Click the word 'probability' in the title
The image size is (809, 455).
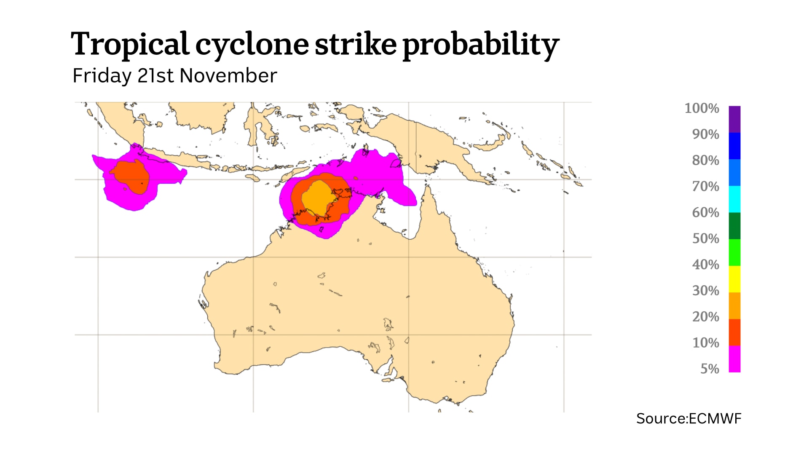click(x=480, y=45)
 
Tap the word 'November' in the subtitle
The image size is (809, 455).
click(x=228, y=76)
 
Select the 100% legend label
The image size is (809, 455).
click(x=702, y=108)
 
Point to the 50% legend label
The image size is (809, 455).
click(x=705, y=238)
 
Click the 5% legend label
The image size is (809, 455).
click(x=710, y=369)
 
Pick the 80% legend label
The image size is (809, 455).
click(x=705, y=160)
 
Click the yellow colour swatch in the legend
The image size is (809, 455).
click(x=734, y=279)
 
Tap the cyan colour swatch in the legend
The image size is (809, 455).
click(x=734, y=199)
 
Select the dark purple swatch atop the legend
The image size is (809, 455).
click(x=734, y=119)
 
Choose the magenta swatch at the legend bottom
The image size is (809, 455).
click(x=734, y=359)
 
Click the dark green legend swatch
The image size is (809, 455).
click(x=734, y=226)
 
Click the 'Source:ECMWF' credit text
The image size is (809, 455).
click(x=688, y=418)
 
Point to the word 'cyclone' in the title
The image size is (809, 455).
click(x=252, y=45)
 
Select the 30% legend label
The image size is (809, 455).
click(x=705, y=291)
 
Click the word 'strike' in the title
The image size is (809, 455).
click(x=356, y=44)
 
